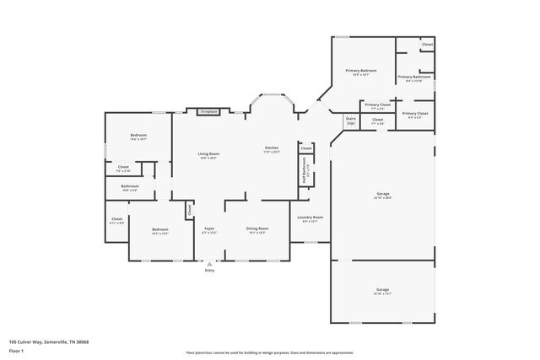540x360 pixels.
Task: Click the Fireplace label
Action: coord(208,111)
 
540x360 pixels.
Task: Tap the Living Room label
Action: coord(208,154)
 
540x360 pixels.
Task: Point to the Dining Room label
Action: coord(257,229)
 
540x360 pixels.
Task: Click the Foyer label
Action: coord(209,229)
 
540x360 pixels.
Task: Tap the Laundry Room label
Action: coord(309,218)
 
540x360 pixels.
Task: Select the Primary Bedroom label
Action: coord(360,71)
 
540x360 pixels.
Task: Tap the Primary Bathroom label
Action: coord(413,78)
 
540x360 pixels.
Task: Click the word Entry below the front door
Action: coord(209,270)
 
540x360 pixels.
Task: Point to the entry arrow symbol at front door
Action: coord(209,262)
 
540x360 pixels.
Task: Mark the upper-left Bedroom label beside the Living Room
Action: coord(138,136)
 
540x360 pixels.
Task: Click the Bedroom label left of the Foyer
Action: coord(159,230)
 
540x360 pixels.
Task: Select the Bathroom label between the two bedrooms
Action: coord(129,187)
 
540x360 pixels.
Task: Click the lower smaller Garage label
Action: coord(383,288)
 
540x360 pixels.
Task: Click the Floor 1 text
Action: coord(16,350)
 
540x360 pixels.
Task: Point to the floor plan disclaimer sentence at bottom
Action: coord(269,352)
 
